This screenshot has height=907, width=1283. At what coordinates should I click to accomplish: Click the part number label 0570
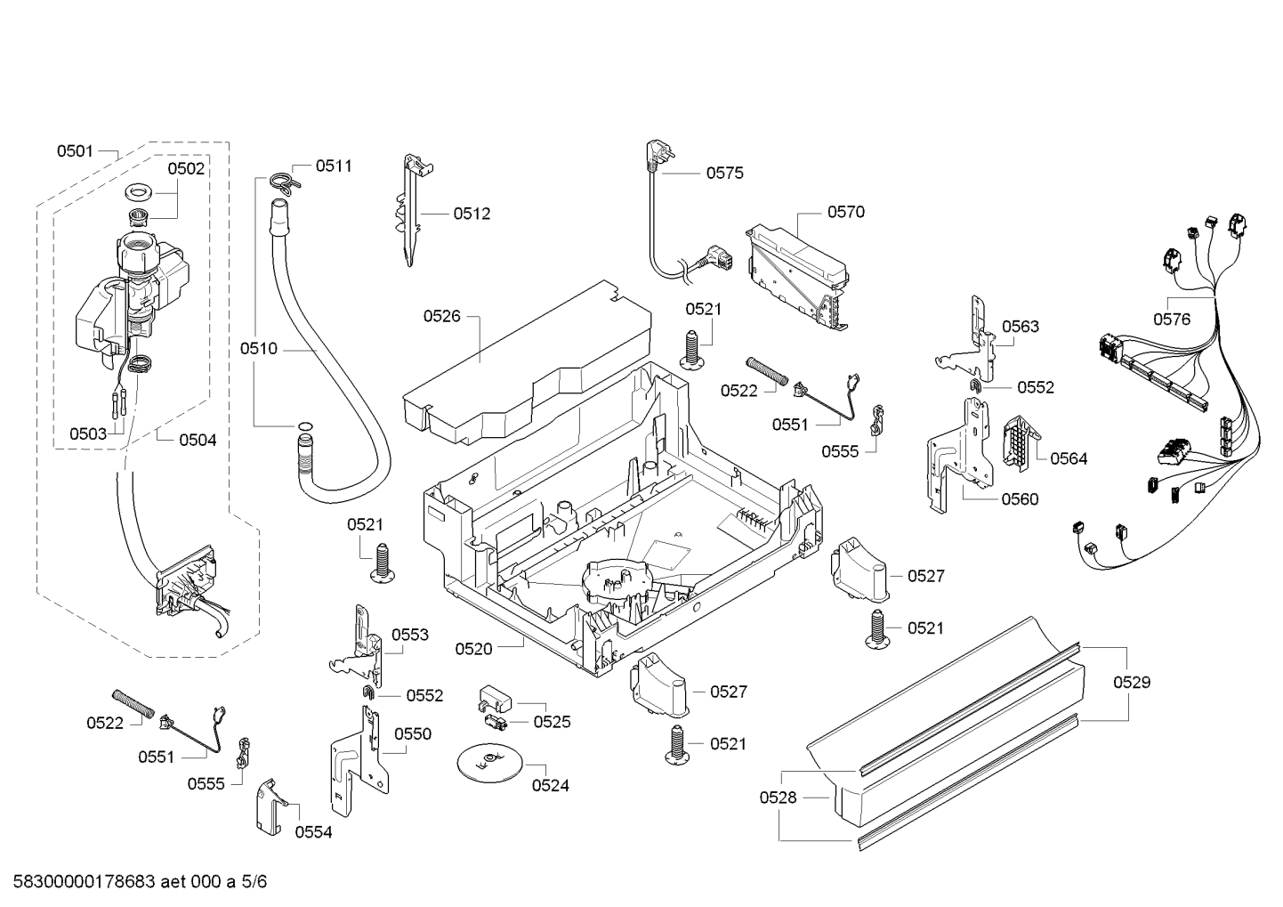point(845,212)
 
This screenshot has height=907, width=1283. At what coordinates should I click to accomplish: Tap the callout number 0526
point(441,316)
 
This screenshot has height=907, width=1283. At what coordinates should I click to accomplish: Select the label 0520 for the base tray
point(473,649)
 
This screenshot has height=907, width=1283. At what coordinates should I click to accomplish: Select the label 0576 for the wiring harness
point(1172,320)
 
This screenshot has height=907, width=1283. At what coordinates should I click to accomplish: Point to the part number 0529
point(1132,683)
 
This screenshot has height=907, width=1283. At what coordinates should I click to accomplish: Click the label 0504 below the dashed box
point(198,440)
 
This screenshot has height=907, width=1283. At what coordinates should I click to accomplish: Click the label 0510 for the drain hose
point(258,348)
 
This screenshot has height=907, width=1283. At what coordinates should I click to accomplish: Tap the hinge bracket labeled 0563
point(968,339)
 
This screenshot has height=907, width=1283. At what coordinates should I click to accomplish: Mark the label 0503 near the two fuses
point(88,433)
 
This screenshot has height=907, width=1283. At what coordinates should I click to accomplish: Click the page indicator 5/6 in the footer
point(254,882)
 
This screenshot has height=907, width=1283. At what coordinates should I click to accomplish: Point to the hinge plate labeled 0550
point(359,761)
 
